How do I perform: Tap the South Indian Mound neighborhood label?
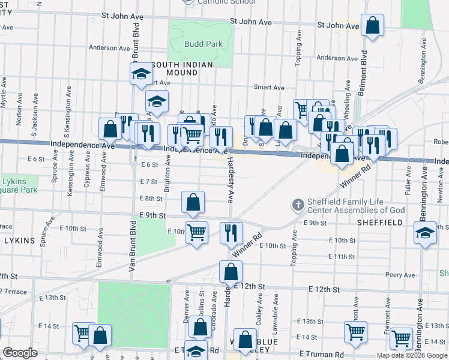tap(175, 68)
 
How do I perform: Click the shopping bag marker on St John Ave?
tap(373, 26)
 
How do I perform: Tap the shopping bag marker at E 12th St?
tap(231, 272)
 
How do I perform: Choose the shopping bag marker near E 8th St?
tap(193, 203)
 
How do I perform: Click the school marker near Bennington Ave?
tap(425, 233)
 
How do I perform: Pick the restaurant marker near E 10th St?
tap(231, 233)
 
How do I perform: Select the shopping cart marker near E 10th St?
tap(196, 232)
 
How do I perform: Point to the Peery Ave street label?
tap(401, 275)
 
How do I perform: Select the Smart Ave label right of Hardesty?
tap(269, 87)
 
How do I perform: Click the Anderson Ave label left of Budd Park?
tap(109, 47)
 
